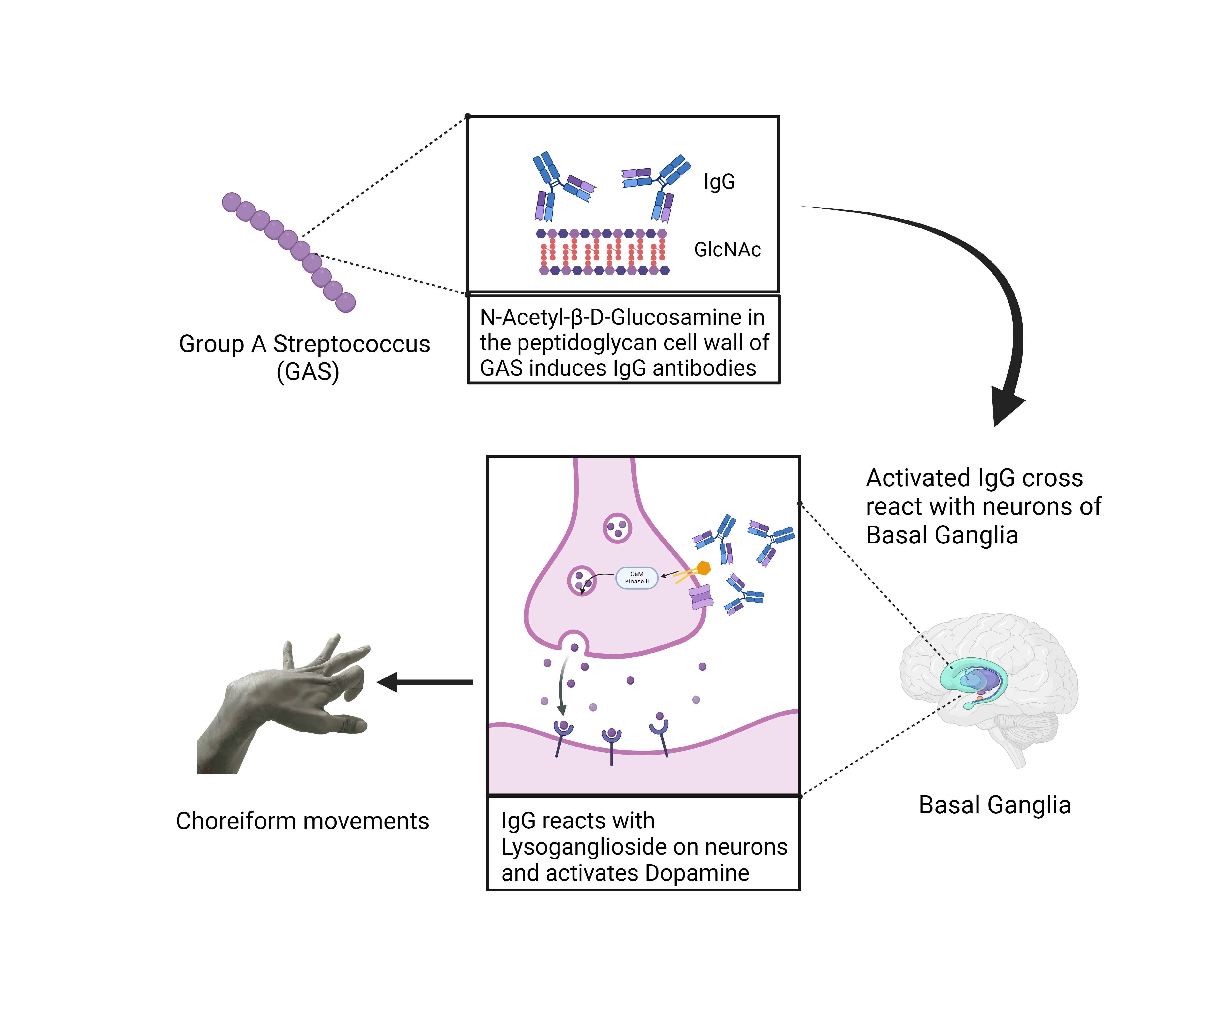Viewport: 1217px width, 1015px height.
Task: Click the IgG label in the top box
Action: pos(719,182)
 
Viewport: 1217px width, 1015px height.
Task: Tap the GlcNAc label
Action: pos(727,250)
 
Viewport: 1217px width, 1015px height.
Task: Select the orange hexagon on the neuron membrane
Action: pos(704,568)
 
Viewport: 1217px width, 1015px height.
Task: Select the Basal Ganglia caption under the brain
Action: pos(994,805)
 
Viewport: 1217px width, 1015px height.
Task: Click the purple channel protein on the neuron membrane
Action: pos(701,597)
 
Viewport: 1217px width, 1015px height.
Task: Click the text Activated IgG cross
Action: pos(974,478)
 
